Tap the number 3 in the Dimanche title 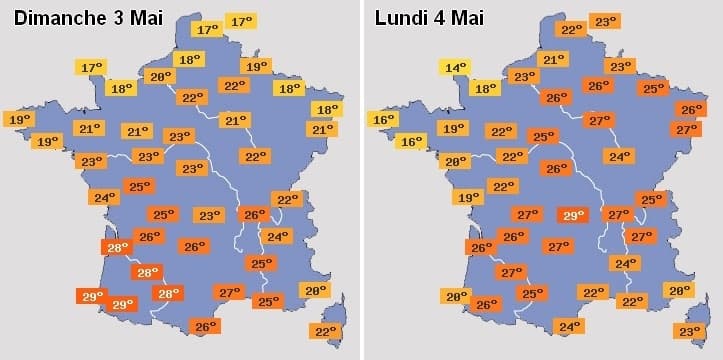point(130,17)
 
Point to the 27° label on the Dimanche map point(229,292)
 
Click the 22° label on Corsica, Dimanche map point(325,332)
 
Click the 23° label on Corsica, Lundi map point(689,332)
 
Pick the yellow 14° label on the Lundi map point(454,68)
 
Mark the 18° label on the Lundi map point(484,88)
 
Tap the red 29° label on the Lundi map point(573,215)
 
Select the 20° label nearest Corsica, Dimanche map point(315,290)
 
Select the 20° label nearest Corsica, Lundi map point(679,290)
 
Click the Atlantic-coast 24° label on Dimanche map point(102,198)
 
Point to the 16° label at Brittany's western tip point(383,120)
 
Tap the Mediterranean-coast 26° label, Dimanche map point(205,326)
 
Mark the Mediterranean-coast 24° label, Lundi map point(569,326)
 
